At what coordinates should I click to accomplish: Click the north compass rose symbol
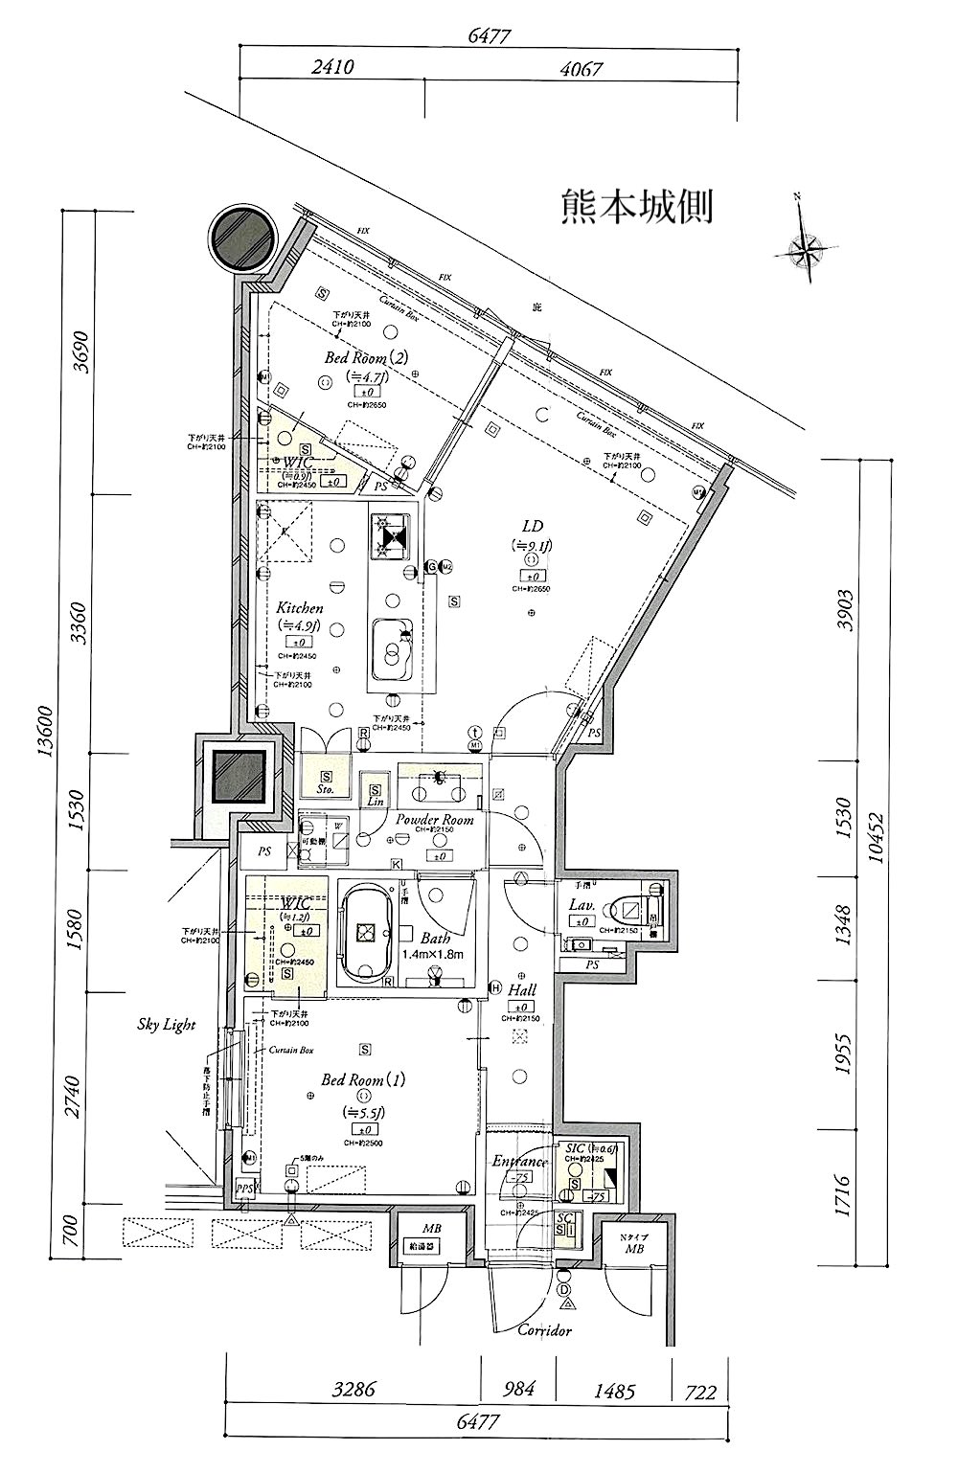point(810,251)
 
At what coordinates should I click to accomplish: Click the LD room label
point(532,526)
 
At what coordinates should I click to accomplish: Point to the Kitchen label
point(300,608)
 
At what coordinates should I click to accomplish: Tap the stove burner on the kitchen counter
point(390,537)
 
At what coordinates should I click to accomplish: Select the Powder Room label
point(435,820)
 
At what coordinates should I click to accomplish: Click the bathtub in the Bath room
point(364,932)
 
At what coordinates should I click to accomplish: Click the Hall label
point(522,990)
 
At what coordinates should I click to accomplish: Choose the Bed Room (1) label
point(363,1079)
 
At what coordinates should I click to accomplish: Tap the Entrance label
point(519,1162)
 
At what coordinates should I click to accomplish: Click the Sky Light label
point(166,1025)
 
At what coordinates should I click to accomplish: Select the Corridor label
point(544,1330)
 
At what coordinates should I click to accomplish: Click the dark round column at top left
point(240,238)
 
